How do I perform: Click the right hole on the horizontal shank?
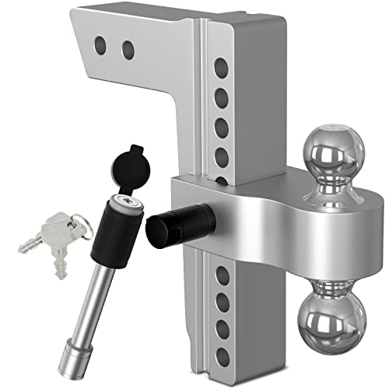tap(128, 51)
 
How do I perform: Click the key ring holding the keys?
tap(72, 226)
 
